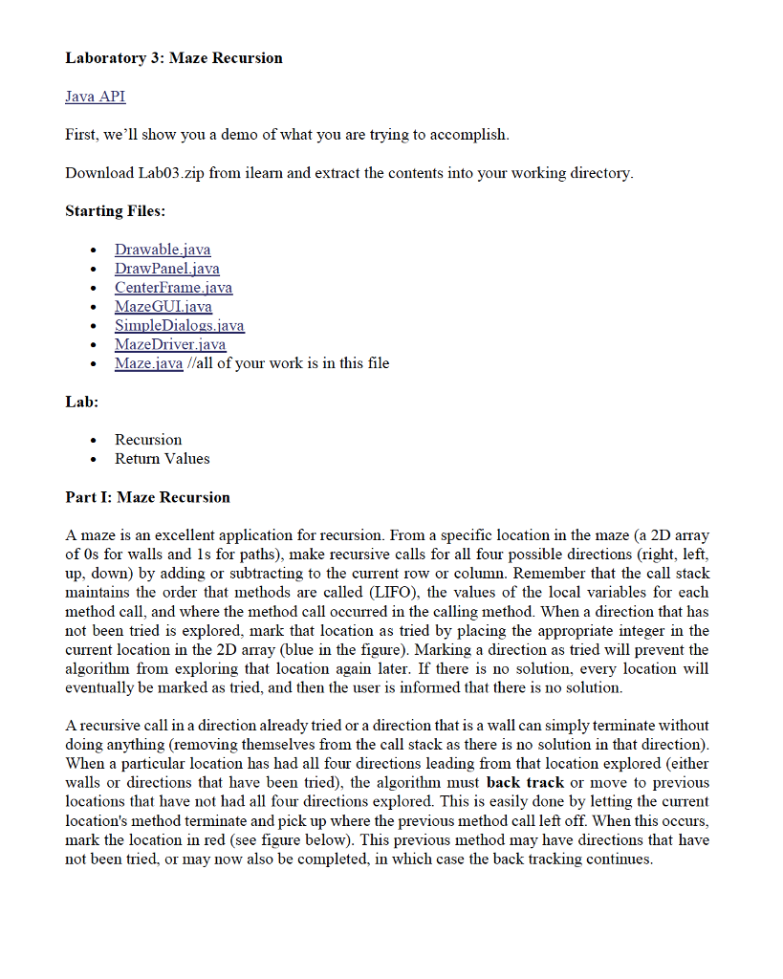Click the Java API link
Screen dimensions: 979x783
[95, 97]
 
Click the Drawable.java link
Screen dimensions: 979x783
[163, 250]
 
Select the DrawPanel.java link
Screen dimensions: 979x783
[167, 269]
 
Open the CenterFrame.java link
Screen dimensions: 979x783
[173, 288]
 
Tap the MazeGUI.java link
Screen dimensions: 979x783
[163, 307]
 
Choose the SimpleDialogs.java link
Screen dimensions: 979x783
[180, 326]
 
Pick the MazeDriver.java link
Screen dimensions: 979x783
[170, 344]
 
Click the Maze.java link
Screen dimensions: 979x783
[148, 363]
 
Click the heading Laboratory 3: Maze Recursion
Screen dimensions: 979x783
[174, 58]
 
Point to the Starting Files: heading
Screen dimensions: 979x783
[115, 210]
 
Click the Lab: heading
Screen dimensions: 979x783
[81, 402]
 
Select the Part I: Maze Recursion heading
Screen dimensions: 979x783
[147, 497]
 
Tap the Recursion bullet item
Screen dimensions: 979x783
[148, 440]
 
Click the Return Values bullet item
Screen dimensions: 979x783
[163, 459]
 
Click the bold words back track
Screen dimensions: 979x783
[526, 782]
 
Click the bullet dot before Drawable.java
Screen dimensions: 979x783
[93, 250]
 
